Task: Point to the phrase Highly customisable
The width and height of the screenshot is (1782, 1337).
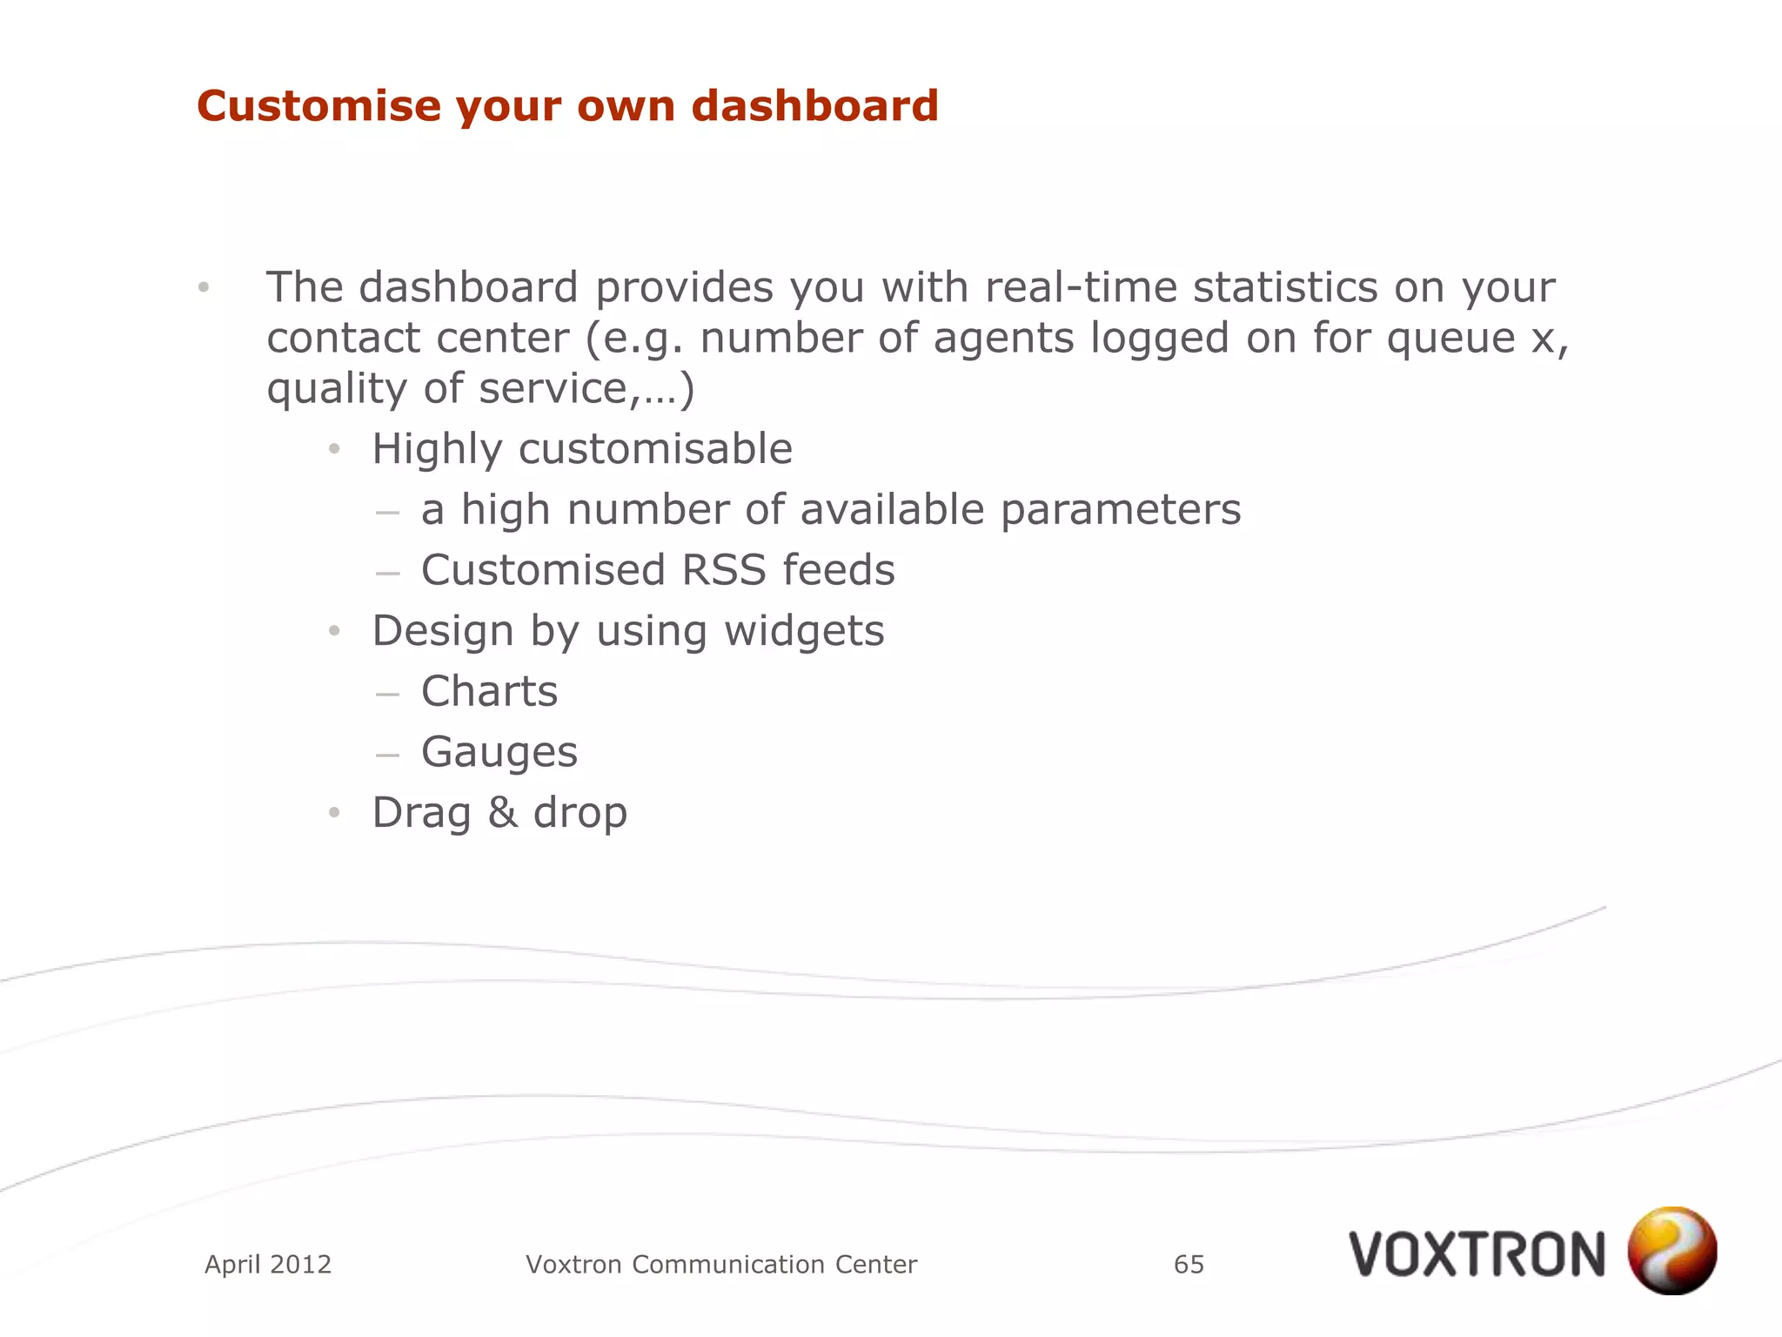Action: (x=581, y=450)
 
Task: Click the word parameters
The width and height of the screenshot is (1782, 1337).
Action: (x=1121, y=510)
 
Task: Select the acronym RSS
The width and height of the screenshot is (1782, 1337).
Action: (x=723, y=571)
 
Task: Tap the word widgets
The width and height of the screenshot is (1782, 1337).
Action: (x=804, y=631)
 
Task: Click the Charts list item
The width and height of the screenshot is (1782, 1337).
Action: (x=489, y=692)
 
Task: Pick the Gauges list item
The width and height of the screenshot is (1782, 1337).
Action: (x=499, y=753)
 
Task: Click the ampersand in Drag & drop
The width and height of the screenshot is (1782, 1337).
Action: (x=502, y=813)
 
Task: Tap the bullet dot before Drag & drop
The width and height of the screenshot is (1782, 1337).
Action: (x=334, y=814)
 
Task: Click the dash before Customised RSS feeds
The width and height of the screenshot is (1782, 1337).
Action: (x=387, y=574)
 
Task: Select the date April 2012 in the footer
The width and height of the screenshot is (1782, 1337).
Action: (x=268, y=1264)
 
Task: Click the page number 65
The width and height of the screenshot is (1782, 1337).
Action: (x=1189, y=1264)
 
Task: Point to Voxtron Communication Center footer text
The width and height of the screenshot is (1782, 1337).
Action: (x=721, y=1264)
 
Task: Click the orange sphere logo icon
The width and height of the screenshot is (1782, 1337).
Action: (x=1671, y=1250)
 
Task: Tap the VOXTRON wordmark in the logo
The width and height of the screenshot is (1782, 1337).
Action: (x=1477, y=1255)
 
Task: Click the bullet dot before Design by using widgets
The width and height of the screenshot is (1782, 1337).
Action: (x=334, y=632)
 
